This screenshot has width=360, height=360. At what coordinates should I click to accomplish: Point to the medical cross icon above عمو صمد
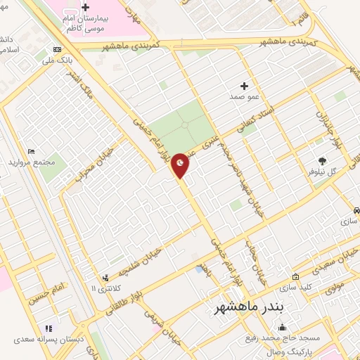[244, 85]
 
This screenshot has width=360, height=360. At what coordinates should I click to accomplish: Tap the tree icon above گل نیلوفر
[323, 160]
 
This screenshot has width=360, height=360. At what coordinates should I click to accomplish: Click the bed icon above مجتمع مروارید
[30, 151]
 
